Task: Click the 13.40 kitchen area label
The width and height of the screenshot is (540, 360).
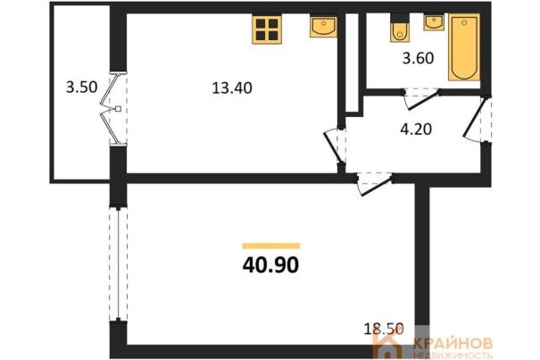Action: coord(232,88)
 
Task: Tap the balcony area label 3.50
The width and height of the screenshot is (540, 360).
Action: coord(81,87)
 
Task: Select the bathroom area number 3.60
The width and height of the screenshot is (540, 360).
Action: coord(418,58)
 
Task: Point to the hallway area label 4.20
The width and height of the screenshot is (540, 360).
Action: coord(416,130)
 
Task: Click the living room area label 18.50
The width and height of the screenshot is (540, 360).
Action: coord(384,329)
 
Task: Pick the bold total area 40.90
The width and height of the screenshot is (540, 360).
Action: coord(270,265)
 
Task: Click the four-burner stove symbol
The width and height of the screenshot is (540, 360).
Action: coord(267,29)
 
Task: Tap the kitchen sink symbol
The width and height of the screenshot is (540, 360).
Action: coord(323,27)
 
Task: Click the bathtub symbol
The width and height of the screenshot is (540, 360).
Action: coord(464,47)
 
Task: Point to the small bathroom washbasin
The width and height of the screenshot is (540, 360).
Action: coord(434,22)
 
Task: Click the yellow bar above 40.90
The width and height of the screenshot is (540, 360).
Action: coord(271,246)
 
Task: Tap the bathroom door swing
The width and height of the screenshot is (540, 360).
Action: coord(421,99)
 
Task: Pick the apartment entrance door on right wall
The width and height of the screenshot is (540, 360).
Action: coord(476,120)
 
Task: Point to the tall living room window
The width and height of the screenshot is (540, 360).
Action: coord(118,264)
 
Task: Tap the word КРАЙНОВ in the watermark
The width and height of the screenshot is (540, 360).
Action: coord(453,343)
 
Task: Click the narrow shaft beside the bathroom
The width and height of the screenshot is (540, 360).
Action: coord(352,63)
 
